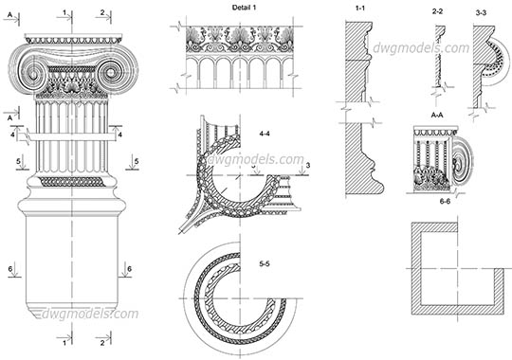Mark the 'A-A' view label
pyautogui.click(x=438, y=114)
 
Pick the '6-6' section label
pyautogui.click(x=445, y=200)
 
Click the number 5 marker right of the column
pyautogui.click(x=137, y=162)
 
